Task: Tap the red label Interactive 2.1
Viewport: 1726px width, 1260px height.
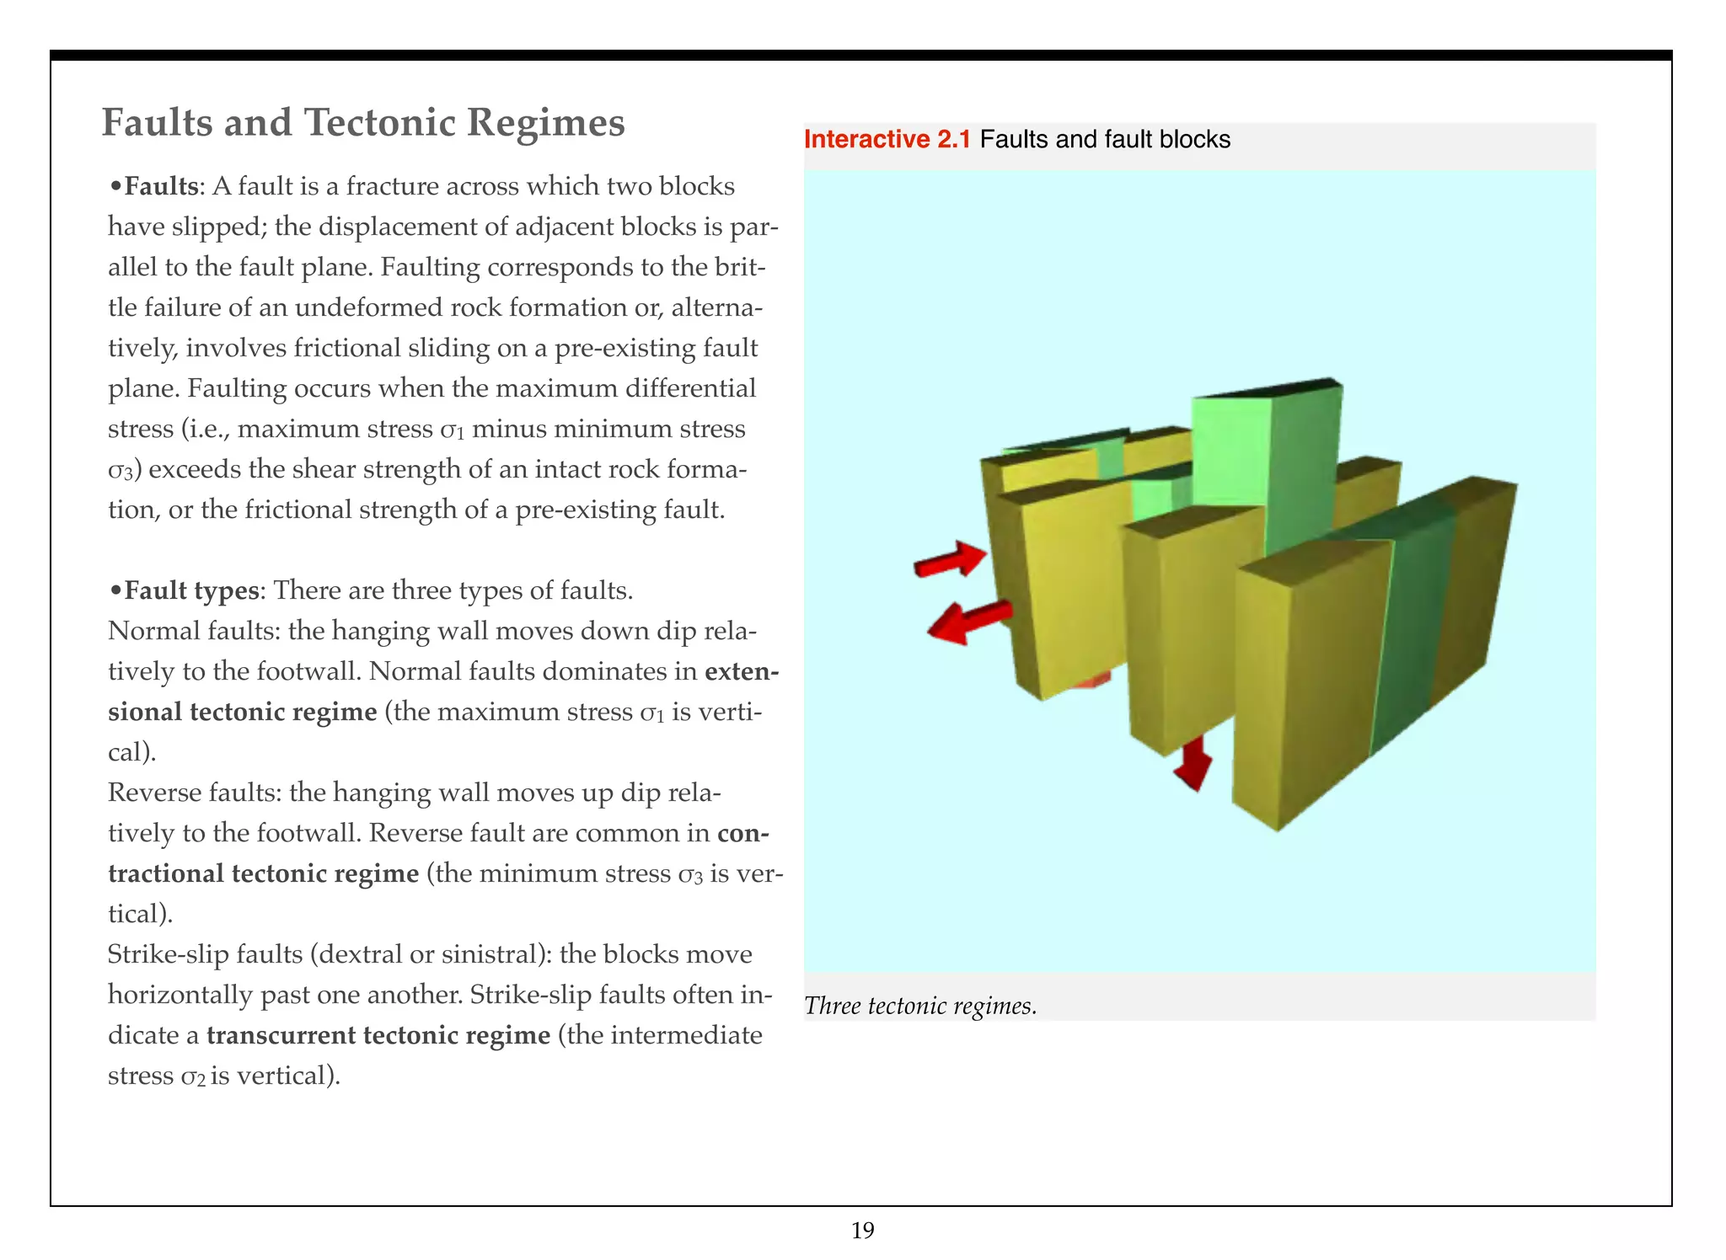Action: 887,140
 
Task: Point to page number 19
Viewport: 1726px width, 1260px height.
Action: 863,1231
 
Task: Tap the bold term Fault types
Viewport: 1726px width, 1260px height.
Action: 191,590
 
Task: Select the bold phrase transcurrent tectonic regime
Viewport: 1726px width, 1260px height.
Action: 378,1035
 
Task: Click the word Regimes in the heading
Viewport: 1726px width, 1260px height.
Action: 546,122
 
